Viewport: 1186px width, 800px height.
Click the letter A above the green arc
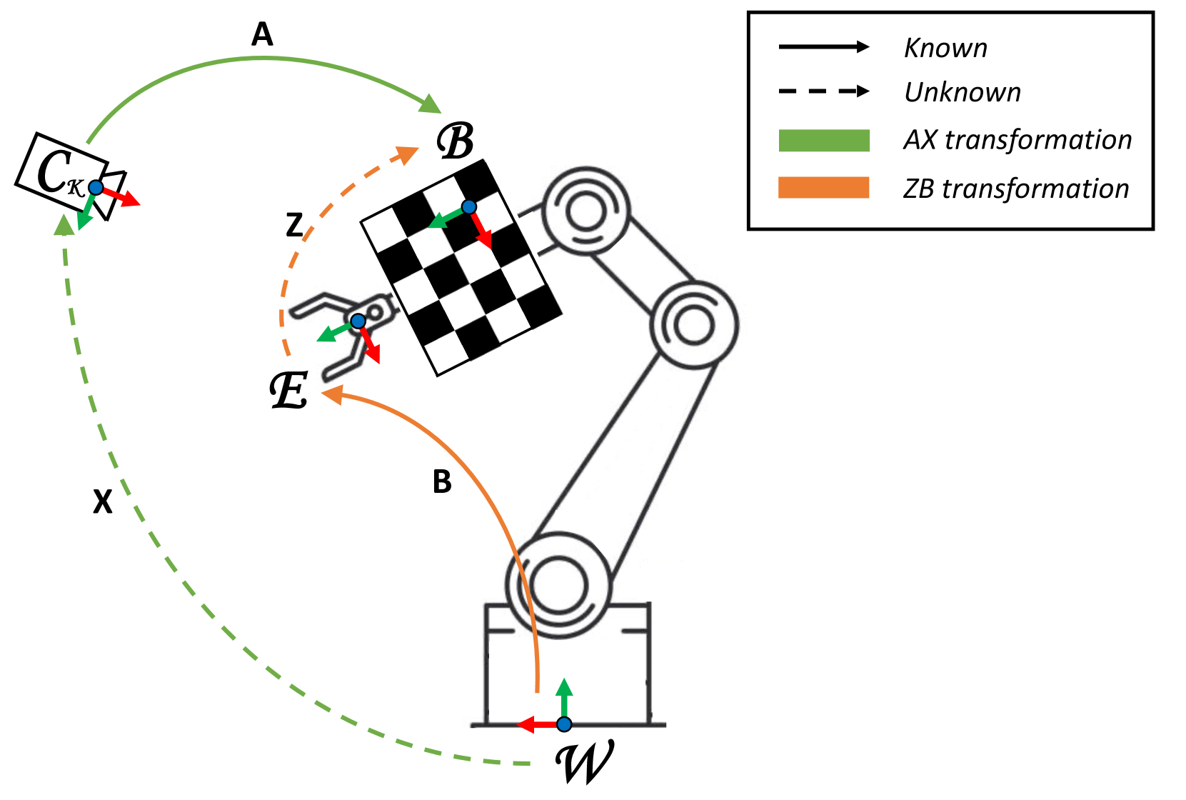[x=262, y=34]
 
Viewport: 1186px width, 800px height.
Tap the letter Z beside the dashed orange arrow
[x=294, y=226]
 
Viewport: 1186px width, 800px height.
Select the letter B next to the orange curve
[x=442, y=482]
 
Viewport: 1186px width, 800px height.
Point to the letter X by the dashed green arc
[x=103, y=502]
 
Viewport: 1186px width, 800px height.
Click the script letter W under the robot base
[x=584, y=763]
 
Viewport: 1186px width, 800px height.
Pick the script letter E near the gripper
[x=289, y=391]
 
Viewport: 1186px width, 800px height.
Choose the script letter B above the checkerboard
[x=456, y=141]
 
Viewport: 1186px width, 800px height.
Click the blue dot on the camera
[x=95, y=188]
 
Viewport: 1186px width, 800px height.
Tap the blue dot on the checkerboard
[x=468, y=207]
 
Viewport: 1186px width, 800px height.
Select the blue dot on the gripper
[x=358, y=321]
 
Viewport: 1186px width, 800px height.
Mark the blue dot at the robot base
[x=564, y=724]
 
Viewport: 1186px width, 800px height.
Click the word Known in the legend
[x=945, y=48]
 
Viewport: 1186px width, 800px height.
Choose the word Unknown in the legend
[x=962, y=92]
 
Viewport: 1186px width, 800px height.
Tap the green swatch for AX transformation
[x=824, y=140]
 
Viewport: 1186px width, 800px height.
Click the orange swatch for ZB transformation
[x=824, y=188]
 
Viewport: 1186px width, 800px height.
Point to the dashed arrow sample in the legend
[x=824, y=91]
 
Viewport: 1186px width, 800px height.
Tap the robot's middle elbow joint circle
[x=692, y=325]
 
